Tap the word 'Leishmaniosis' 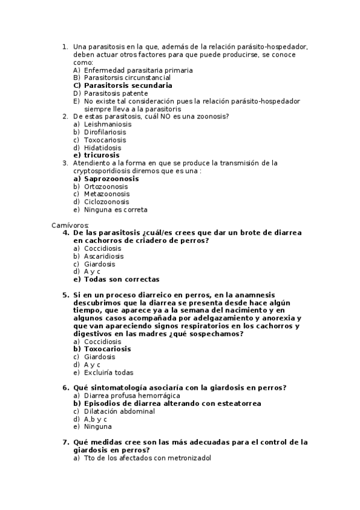tap(108, 124)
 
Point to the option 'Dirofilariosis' tap(105, 132)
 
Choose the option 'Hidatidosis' tap(102, 147)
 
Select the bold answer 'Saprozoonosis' tap(111, 179)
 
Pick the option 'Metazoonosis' tap(106, 194)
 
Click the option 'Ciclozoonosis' tap(106, 202)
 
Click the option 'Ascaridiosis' tap(104, 256)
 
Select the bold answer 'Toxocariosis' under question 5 tap(108, 349)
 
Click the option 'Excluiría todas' tap(109, 372)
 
